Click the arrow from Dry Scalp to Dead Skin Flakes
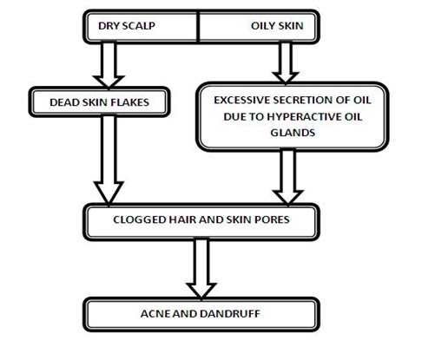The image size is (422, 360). coord(112,61)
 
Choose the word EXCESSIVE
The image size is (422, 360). coord(249,101)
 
